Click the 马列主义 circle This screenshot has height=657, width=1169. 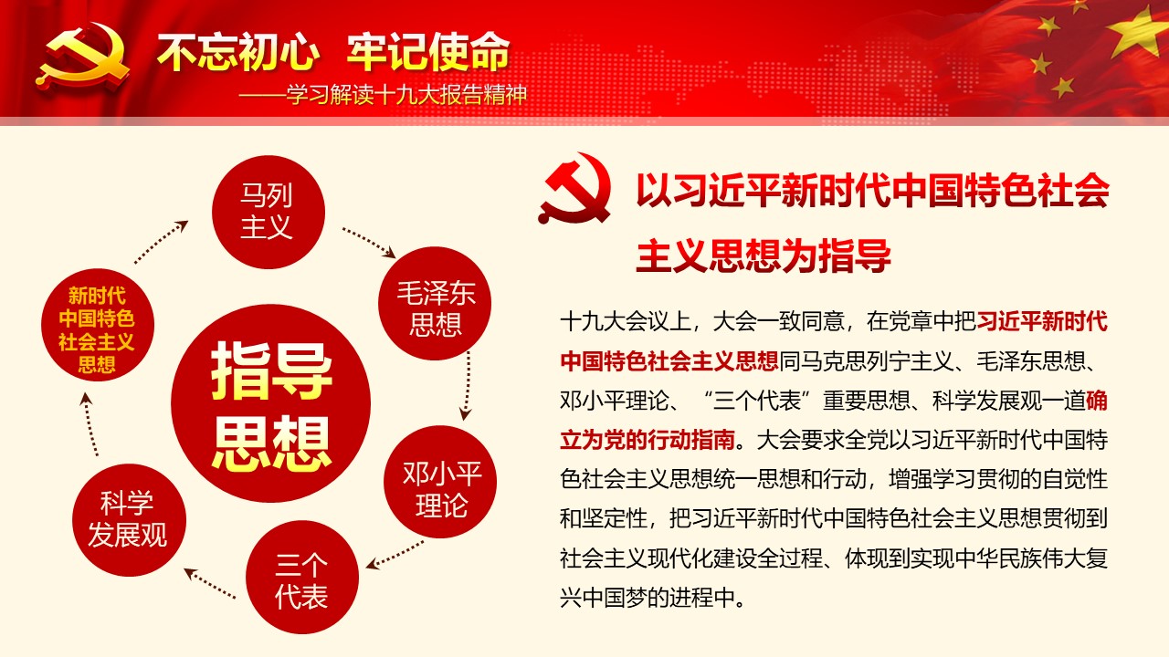pyautogui.click(x=269, y=213)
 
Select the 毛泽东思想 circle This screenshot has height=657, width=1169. pyautogui.click(x=435, y=304)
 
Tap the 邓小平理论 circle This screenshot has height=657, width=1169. pyautogui.click(x=440, y=482)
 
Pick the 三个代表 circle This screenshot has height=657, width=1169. pyautogui.click(x=302, y=578)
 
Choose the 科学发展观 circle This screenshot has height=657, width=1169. pyautogui.click(x=129, y=520)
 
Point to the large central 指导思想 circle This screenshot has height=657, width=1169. pyautogui.click(x=271, y=403)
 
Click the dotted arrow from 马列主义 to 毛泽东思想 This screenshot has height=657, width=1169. pyautogui.click(x=368, y=243)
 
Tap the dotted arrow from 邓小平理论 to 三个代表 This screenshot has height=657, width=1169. pyautogui.click(x=395, y=554)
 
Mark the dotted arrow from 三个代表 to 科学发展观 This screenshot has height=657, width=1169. pyautogui.click(x=210, y=583)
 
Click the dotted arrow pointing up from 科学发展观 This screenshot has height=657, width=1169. pyautogui.click(x=90, y=424)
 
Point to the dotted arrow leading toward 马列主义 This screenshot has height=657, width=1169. pyautogui.click(x=161, y=242)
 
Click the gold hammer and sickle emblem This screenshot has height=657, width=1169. pyautogui.click(x=82, y=57)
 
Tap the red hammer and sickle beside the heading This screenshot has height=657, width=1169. pyautogui.click(x=575, y=189)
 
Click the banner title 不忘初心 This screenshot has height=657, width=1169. pyautogui.click(x=238, y=51)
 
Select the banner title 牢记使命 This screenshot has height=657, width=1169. pyautogui.click(x=428, y=51)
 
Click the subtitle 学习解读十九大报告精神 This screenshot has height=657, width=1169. pyautogui.click(x=406, y=96)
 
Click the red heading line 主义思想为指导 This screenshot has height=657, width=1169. pyautogui.click(x=764, y=255)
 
